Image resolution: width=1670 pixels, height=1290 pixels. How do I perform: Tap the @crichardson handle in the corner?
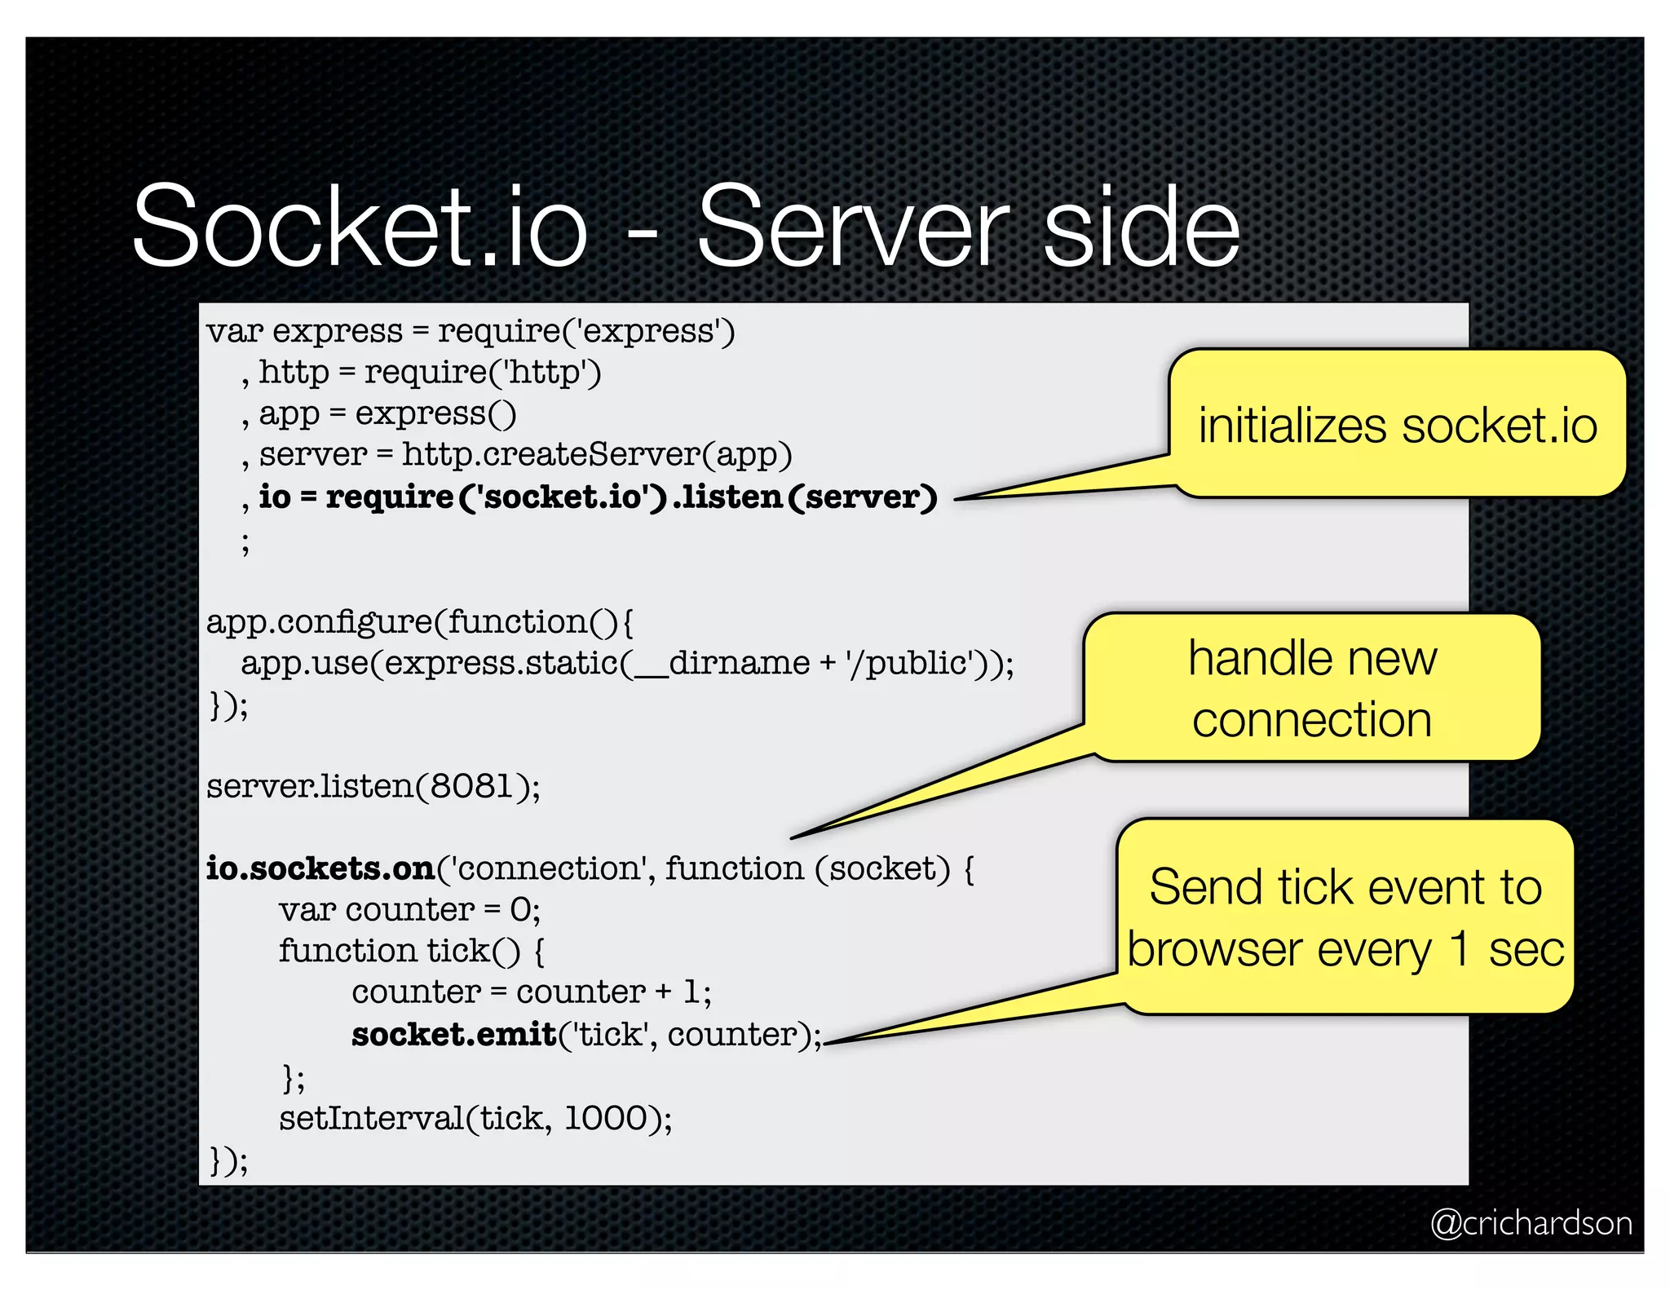(1531, 1223)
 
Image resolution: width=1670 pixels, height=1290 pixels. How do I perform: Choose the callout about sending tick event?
(1345, 917)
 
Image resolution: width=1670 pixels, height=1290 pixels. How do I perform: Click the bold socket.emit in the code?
(453, 1034)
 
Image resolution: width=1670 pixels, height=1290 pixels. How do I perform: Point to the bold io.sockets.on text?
(320, 868)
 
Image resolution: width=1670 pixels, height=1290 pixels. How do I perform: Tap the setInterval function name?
(371, 1118)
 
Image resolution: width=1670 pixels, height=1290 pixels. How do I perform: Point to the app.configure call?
(318, 622)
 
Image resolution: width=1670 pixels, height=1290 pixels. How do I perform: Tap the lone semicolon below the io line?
(245, 541)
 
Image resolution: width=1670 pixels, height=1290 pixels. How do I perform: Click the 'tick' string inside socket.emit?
(611, 1034)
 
